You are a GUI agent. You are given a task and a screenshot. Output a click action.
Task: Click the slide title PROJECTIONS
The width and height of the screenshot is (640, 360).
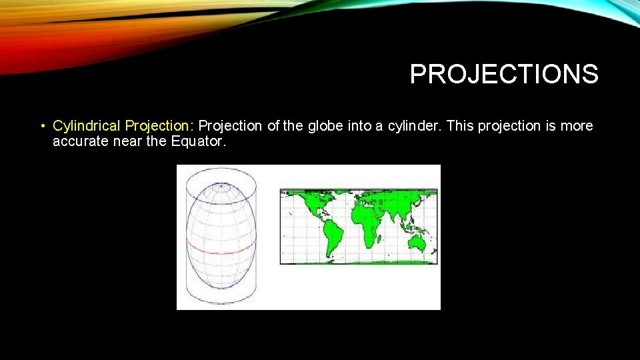(x=504, y=75)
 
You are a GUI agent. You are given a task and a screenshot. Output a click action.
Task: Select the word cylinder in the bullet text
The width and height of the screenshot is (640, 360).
(x=413, y=126)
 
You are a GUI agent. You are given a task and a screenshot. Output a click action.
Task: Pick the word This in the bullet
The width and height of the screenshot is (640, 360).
(x=459, y=126)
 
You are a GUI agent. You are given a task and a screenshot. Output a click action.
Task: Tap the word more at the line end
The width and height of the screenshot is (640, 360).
(x=577, y=126)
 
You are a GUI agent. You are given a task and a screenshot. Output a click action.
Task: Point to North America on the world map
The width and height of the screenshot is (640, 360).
(x=309, y=207)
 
